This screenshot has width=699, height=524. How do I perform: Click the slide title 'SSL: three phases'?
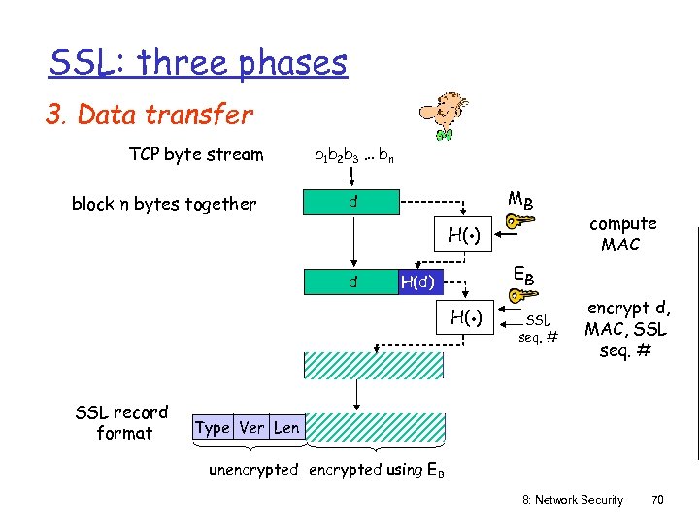tap(198, 63)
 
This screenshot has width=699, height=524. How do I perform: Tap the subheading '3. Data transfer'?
tap(150, 115)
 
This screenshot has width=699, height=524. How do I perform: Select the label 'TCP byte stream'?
tap(196, 154)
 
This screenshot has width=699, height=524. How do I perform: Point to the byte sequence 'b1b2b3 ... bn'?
tap(353, 154)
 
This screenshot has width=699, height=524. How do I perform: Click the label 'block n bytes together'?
tap(164, 204)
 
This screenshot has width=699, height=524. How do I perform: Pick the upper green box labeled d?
tap(353, 204)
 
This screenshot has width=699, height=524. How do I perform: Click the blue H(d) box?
tap(421, 282)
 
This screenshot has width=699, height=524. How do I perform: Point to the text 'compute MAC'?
tap(621, 234)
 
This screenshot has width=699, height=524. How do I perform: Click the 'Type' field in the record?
tap(212, 427)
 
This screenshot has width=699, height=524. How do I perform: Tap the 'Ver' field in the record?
tap(251, 427)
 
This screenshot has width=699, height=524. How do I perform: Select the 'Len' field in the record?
tap(286, 427)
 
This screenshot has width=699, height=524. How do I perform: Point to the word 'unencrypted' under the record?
tap(253, 470)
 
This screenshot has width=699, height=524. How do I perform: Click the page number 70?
tap(657, 500)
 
